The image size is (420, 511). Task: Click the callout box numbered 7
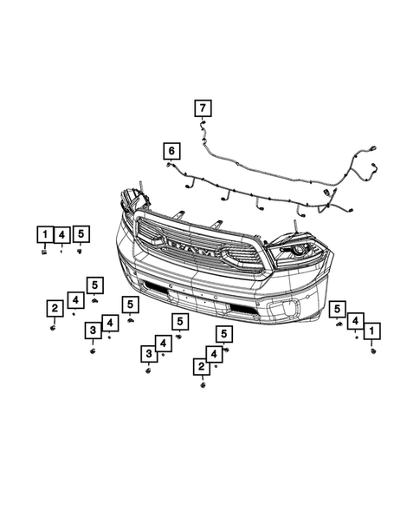click(201, 108)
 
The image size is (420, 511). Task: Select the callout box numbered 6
click(171, 152)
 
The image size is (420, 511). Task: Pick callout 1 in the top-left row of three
click(43, 233)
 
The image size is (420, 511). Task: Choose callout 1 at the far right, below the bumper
click(372, 331)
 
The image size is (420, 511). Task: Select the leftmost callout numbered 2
click(54, 308)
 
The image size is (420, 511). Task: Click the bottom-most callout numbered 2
click(201, 368)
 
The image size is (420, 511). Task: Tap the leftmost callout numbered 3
click(92, 331)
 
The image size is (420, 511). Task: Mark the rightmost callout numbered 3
click(148, 354)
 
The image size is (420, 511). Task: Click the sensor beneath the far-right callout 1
click(373, 350)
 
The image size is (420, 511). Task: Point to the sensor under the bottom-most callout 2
click(203, 385)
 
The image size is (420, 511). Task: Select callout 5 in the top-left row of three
click(81, 233)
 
